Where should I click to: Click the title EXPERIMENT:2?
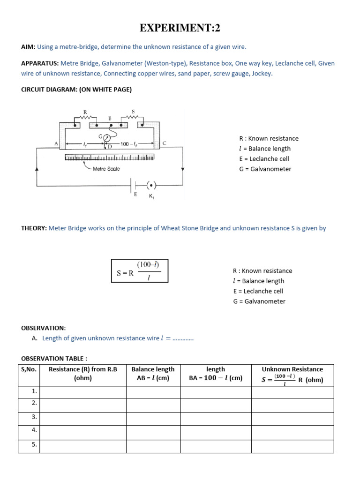(180, 29)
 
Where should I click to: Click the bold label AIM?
(28, 47)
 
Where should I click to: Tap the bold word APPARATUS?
(40, 63)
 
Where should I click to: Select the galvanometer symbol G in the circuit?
(107, 138)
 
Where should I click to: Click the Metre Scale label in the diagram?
(106, 169)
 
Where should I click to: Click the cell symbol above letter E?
(135, 185)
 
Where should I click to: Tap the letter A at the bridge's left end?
(56, 144)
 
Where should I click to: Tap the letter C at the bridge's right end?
(164, 143)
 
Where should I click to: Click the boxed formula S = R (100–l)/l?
(139, 271)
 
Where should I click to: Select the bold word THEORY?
(34, 228)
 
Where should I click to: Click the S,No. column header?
(29, 369)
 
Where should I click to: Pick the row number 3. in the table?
(34, 416)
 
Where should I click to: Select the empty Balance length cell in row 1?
(153, 392)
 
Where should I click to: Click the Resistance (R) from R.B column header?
(83, 374)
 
